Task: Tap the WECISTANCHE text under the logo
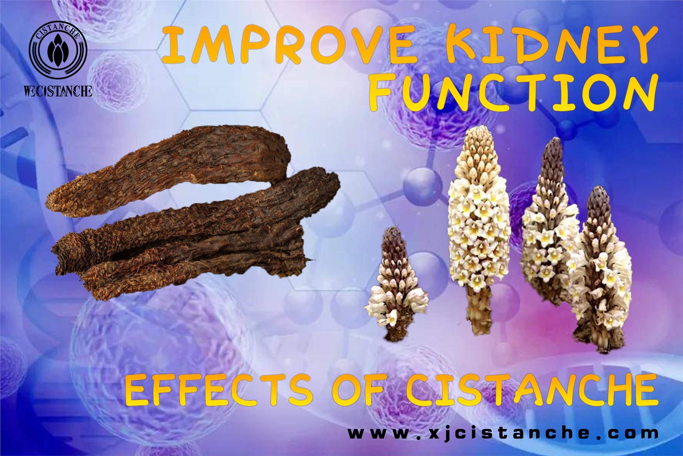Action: (x=58, y=91)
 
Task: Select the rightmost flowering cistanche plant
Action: (x=598, y=268)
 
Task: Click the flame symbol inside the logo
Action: (x=58, y=51)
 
